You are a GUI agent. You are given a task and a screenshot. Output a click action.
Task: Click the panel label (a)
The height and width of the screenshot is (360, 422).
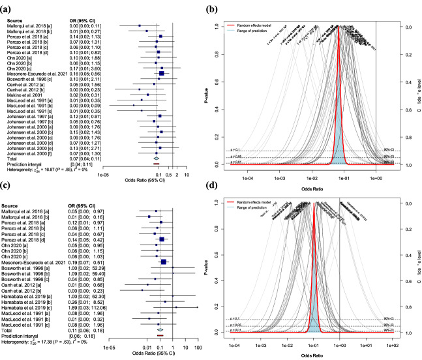(9, 8)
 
